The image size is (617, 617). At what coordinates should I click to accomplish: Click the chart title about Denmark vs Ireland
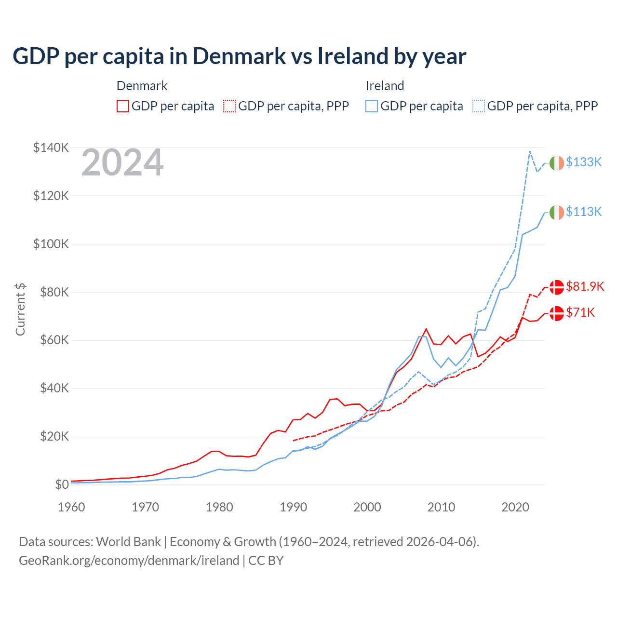239,56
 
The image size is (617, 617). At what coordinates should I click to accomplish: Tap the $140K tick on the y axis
51,148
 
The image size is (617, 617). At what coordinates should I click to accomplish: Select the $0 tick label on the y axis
62,484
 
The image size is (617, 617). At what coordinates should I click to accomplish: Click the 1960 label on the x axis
71,507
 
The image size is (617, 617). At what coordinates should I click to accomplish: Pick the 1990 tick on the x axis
293,507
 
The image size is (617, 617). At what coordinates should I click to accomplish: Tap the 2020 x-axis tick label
515,507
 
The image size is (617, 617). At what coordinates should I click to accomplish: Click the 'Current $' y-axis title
20,309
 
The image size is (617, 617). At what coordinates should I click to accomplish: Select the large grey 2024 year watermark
122,163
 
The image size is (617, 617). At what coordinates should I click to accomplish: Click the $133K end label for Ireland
584,162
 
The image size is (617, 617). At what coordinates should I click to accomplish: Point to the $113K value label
584,212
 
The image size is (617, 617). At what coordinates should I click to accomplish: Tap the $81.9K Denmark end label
585,286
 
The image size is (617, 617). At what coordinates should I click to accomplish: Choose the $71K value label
580,312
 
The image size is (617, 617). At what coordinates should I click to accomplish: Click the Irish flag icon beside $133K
557,163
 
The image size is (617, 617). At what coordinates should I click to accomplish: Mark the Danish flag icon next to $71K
557,313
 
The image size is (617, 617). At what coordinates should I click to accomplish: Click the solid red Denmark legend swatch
123,106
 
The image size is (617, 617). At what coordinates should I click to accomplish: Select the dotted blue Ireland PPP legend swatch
479,106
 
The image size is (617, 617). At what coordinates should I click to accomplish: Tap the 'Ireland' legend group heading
385,86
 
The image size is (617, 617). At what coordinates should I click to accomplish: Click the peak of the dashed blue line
530,151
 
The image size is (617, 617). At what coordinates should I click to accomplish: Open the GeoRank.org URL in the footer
129,561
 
